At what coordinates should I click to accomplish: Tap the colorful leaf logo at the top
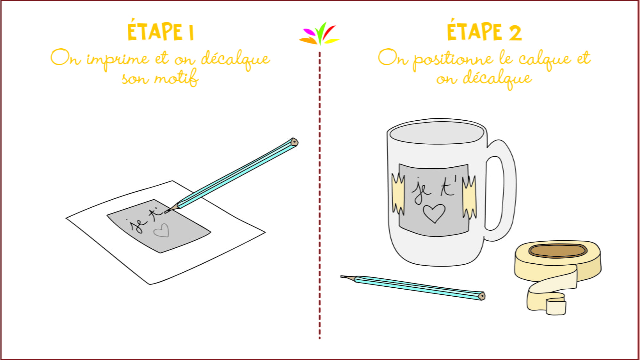pos(319,34)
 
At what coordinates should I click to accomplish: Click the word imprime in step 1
pos(118,60)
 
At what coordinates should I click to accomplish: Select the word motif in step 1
pos(176,77)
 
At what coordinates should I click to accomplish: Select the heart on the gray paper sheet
pos(161,231)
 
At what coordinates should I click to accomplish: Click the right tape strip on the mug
pos(469,197)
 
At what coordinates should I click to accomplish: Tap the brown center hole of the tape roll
pos(557,251)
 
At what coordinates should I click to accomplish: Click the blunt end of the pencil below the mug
pos(482,296)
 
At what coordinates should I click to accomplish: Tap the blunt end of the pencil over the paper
pos(294,142)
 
